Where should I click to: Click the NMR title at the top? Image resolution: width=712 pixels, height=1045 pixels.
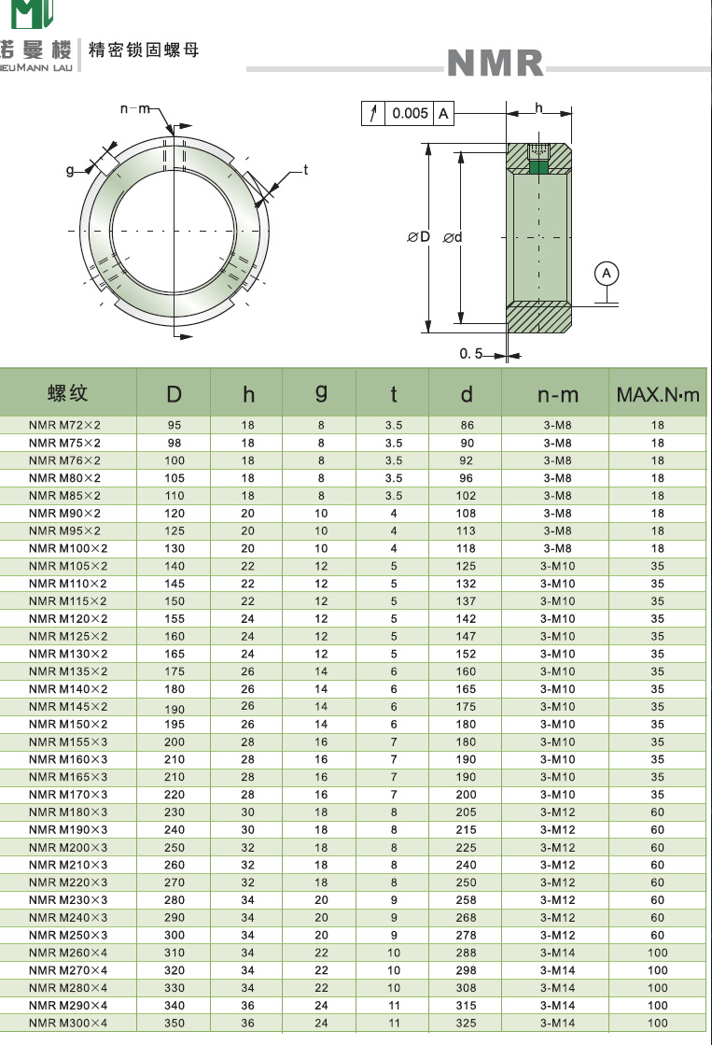[x=496, y=64]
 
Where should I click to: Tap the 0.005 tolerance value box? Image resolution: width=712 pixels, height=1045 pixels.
[x=410, y=114]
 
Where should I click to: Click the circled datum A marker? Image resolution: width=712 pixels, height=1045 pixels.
[x=607, y=273]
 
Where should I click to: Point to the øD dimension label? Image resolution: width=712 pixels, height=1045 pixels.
[x=419, y=237]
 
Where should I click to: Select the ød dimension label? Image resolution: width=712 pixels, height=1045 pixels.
[x=453, y=237]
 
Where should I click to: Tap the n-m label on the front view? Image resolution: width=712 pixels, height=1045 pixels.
[x=135, y=109]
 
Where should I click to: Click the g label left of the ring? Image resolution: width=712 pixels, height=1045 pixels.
[x=70, y=170]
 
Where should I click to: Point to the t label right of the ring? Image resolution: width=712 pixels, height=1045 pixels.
[x=304, y=170]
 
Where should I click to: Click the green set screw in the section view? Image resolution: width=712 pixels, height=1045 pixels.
[x=538, y=168]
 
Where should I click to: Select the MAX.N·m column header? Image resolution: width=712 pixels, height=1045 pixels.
[x=657, y=395]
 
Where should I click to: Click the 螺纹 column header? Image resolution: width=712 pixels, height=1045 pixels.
[x=67, y=392]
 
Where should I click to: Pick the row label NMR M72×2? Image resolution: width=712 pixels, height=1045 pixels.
[x=64, y=425]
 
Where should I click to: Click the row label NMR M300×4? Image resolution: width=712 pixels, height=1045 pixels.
[x=68, y=1024]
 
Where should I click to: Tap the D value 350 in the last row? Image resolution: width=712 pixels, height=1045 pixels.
[x=175, y=1024]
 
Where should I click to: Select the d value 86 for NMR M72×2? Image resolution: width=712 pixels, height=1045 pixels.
[x=467, y=425]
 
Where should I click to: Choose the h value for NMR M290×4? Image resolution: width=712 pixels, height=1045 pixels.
[x=247, y=1006]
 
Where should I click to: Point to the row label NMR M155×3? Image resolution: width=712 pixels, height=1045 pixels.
[x=68, y=742]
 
